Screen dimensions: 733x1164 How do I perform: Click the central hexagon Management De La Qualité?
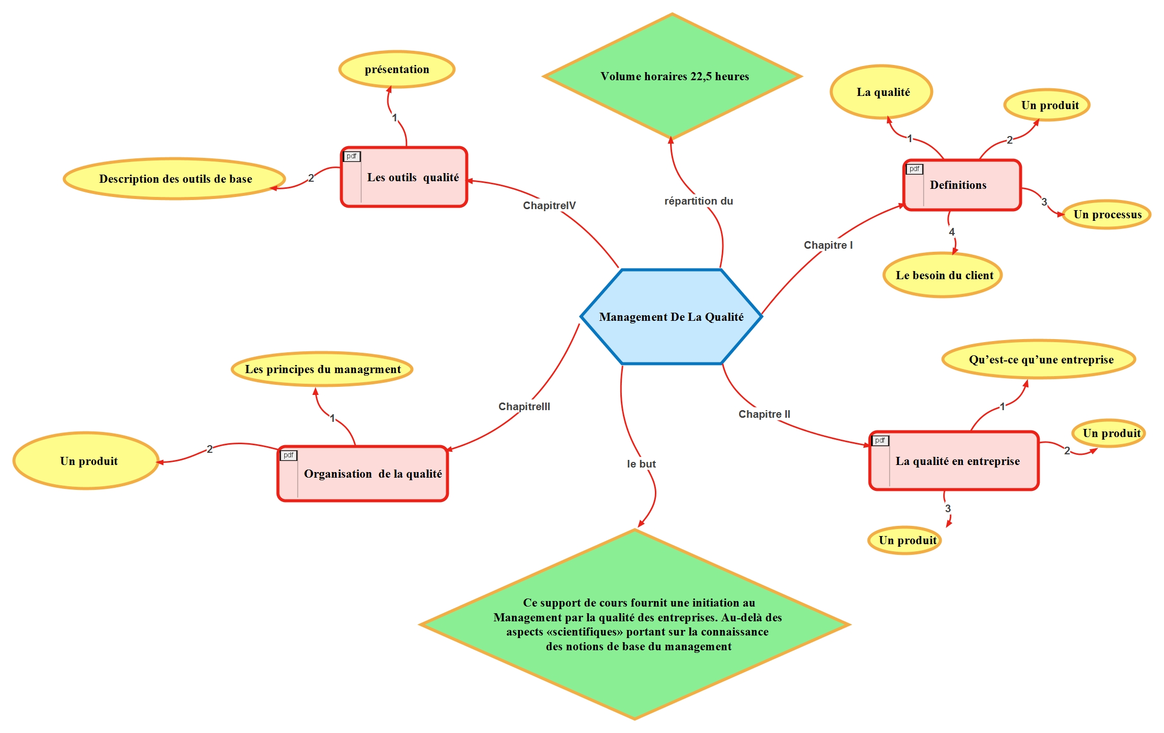[x=671, y=317]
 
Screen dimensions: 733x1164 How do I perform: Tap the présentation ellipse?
[x=396, y=69]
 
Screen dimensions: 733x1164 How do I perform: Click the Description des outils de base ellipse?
[x=175, y=179]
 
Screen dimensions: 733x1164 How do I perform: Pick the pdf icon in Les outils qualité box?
[x=351, y=156]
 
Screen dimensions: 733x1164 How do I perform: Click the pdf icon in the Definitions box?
[x=914, y=169]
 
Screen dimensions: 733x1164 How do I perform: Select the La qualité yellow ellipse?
[x=882, y=92]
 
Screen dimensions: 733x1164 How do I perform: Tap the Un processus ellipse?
[x=1107, y=214]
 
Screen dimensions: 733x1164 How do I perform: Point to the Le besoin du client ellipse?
[x=943, y=275]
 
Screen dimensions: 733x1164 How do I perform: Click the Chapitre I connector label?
[x=828, y=245]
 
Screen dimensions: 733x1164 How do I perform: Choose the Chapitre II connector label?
[x=764, y=414]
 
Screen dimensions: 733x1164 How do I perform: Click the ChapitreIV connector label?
[x=549, y=206]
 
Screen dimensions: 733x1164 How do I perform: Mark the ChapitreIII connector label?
[x=524, y=407]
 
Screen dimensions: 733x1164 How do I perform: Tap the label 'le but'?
[x=641, y=464]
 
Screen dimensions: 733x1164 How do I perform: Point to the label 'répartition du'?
[x=699, y=201]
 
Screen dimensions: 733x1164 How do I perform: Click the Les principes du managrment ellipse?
[x=322, y=369]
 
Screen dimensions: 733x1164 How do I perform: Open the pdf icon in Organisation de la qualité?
[x=288, y=455]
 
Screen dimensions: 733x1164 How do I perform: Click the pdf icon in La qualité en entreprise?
[x=880, y=441]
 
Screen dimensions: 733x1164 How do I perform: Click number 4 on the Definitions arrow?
[x=952, y=232]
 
